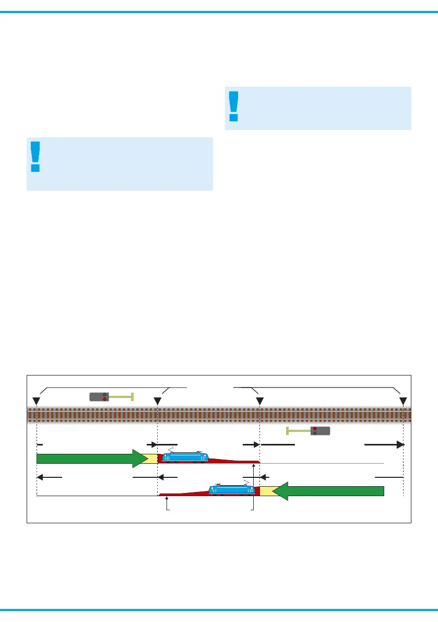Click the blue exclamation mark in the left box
click(35, 156)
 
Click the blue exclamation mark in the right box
click(233, 106)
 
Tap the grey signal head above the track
click(99, 396)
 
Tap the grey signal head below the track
click(321, 431)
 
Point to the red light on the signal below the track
click(315, 428)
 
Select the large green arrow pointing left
click(329, 491)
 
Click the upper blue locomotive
click(185, 457)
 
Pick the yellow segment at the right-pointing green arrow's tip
click(152, 459)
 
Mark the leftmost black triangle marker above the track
click(36, 401)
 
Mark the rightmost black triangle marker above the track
click(403, 401)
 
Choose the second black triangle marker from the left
click(157, 401)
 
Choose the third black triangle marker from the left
click(259, 401)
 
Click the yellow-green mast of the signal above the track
click(121, 396)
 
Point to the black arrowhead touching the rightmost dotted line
click(399, 444)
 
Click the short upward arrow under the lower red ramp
click(167, 503)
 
